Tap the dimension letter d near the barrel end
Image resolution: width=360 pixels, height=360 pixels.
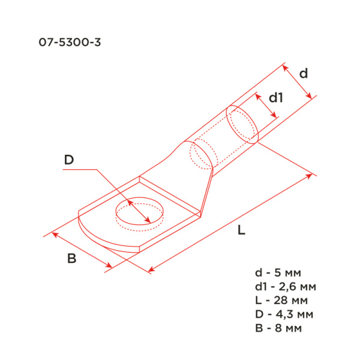(304, 73)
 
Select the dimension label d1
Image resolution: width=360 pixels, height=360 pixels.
(275, 97)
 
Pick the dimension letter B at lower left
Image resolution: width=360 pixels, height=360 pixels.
(71, 259)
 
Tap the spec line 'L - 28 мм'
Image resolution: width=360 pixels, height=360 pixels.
(282, 299)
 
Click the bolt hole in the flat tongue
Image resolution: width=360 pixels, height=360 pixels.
(139, 213)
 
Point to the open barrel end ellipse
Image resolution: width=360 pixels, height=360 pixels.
(243, 124)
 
